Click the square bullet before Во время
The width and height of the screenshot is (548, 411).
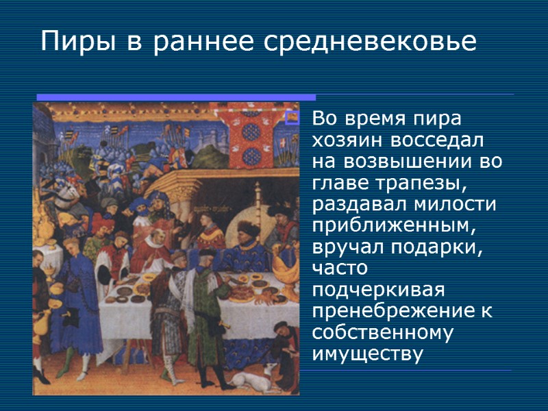(292, 119)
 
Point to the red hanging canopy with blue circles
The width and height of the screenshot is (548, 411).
(254, 137)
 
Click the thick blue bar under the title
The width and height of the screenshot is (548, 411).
(175, 97)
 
